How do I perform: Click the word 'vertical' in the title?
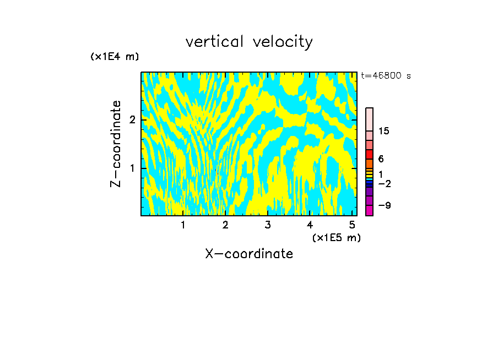(212, 42)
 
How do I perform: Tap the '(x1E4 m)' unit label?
(115, 57)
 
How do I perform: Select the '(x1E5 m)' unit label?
(336, 237)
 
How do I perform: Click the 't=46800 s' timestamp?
(386, 76)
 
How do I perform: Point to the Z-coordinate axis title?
(116, 144)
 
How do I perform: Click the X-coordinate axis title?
(249, 254)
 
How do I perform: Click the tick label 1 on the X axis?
(183, 225)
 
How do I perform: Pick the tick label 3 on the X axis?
(268, 225)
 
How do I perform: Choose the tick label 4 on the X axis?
(310, 225)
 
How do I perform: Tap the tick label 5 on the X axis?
(352, 225)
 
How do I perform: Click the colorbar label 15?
(384, 131)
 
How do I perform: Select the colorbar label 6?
(381, 159)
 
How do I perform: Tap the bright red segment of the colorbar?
(369, 154)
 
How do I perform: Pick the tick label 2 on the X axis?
(225, 225)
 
